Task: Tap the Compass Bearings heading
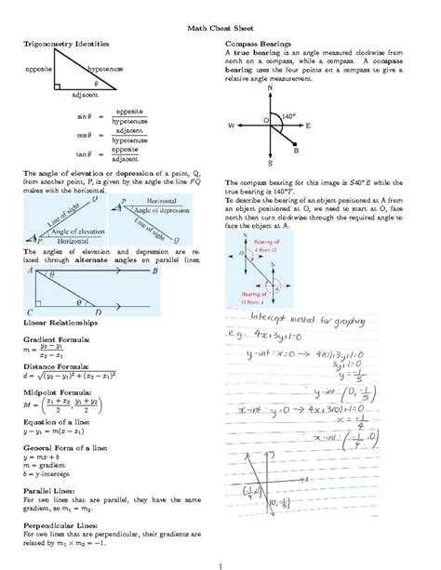click(x=259, y=44)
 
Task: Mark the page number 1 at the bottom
click(x=220, y=562)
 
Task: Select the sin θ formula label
click(x=84, y=116)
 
